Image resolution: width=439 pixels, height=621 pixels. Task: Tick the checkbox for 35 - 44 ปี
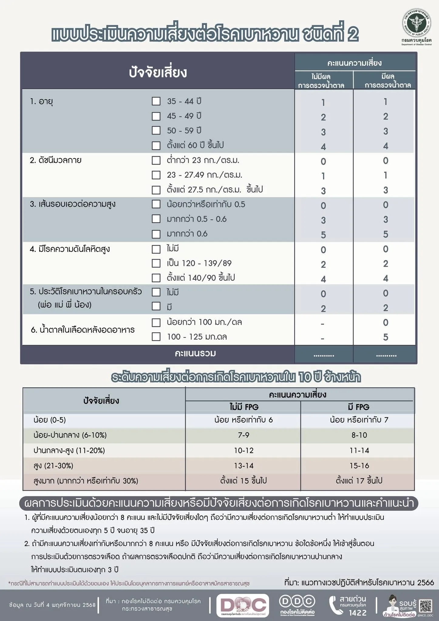(156, 101)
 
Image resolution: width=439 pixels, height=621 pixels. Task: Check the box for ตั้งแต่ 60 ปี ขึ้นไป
(156, 146)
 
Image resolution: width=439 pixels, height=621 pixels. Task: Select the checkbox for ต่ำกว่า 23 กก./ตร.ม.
(156, 160)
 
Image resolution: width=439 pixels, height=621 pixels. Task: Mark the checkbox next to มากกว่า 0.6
(156, 234)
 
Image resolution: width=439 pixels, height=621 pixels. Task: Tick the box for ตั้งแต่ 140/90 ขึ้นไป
(156, 278)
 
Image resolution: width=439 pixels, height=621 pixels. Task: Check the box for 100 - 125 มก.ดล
(156, 337)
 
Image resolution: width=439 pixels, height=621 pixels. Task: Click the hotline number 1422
(358, 613)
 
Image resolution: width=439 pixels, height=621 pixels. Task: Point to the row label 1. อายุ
(42, 101)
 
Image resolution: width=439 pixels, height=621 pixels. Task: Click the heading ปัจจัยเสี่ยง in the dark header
(158, 73)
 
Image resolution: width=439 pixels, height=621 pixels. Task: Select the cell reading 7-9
(243, 435)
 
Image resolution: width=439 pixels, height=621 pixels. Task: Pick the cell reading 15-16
(359, 466)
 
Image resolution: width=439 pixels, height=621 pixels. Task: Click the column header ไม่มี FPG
(243, 407)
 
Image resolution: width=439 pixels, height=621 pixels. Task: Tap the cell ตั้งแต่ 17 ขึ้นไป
(359, 481)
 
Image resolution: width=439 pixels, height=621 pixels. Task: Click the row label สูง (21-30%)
(53, 466)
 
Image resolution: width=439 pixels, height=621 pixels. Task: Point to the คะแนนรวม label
(195, 354)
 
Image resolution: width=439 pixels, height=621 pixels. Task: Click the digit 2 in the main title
(352, 35)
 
